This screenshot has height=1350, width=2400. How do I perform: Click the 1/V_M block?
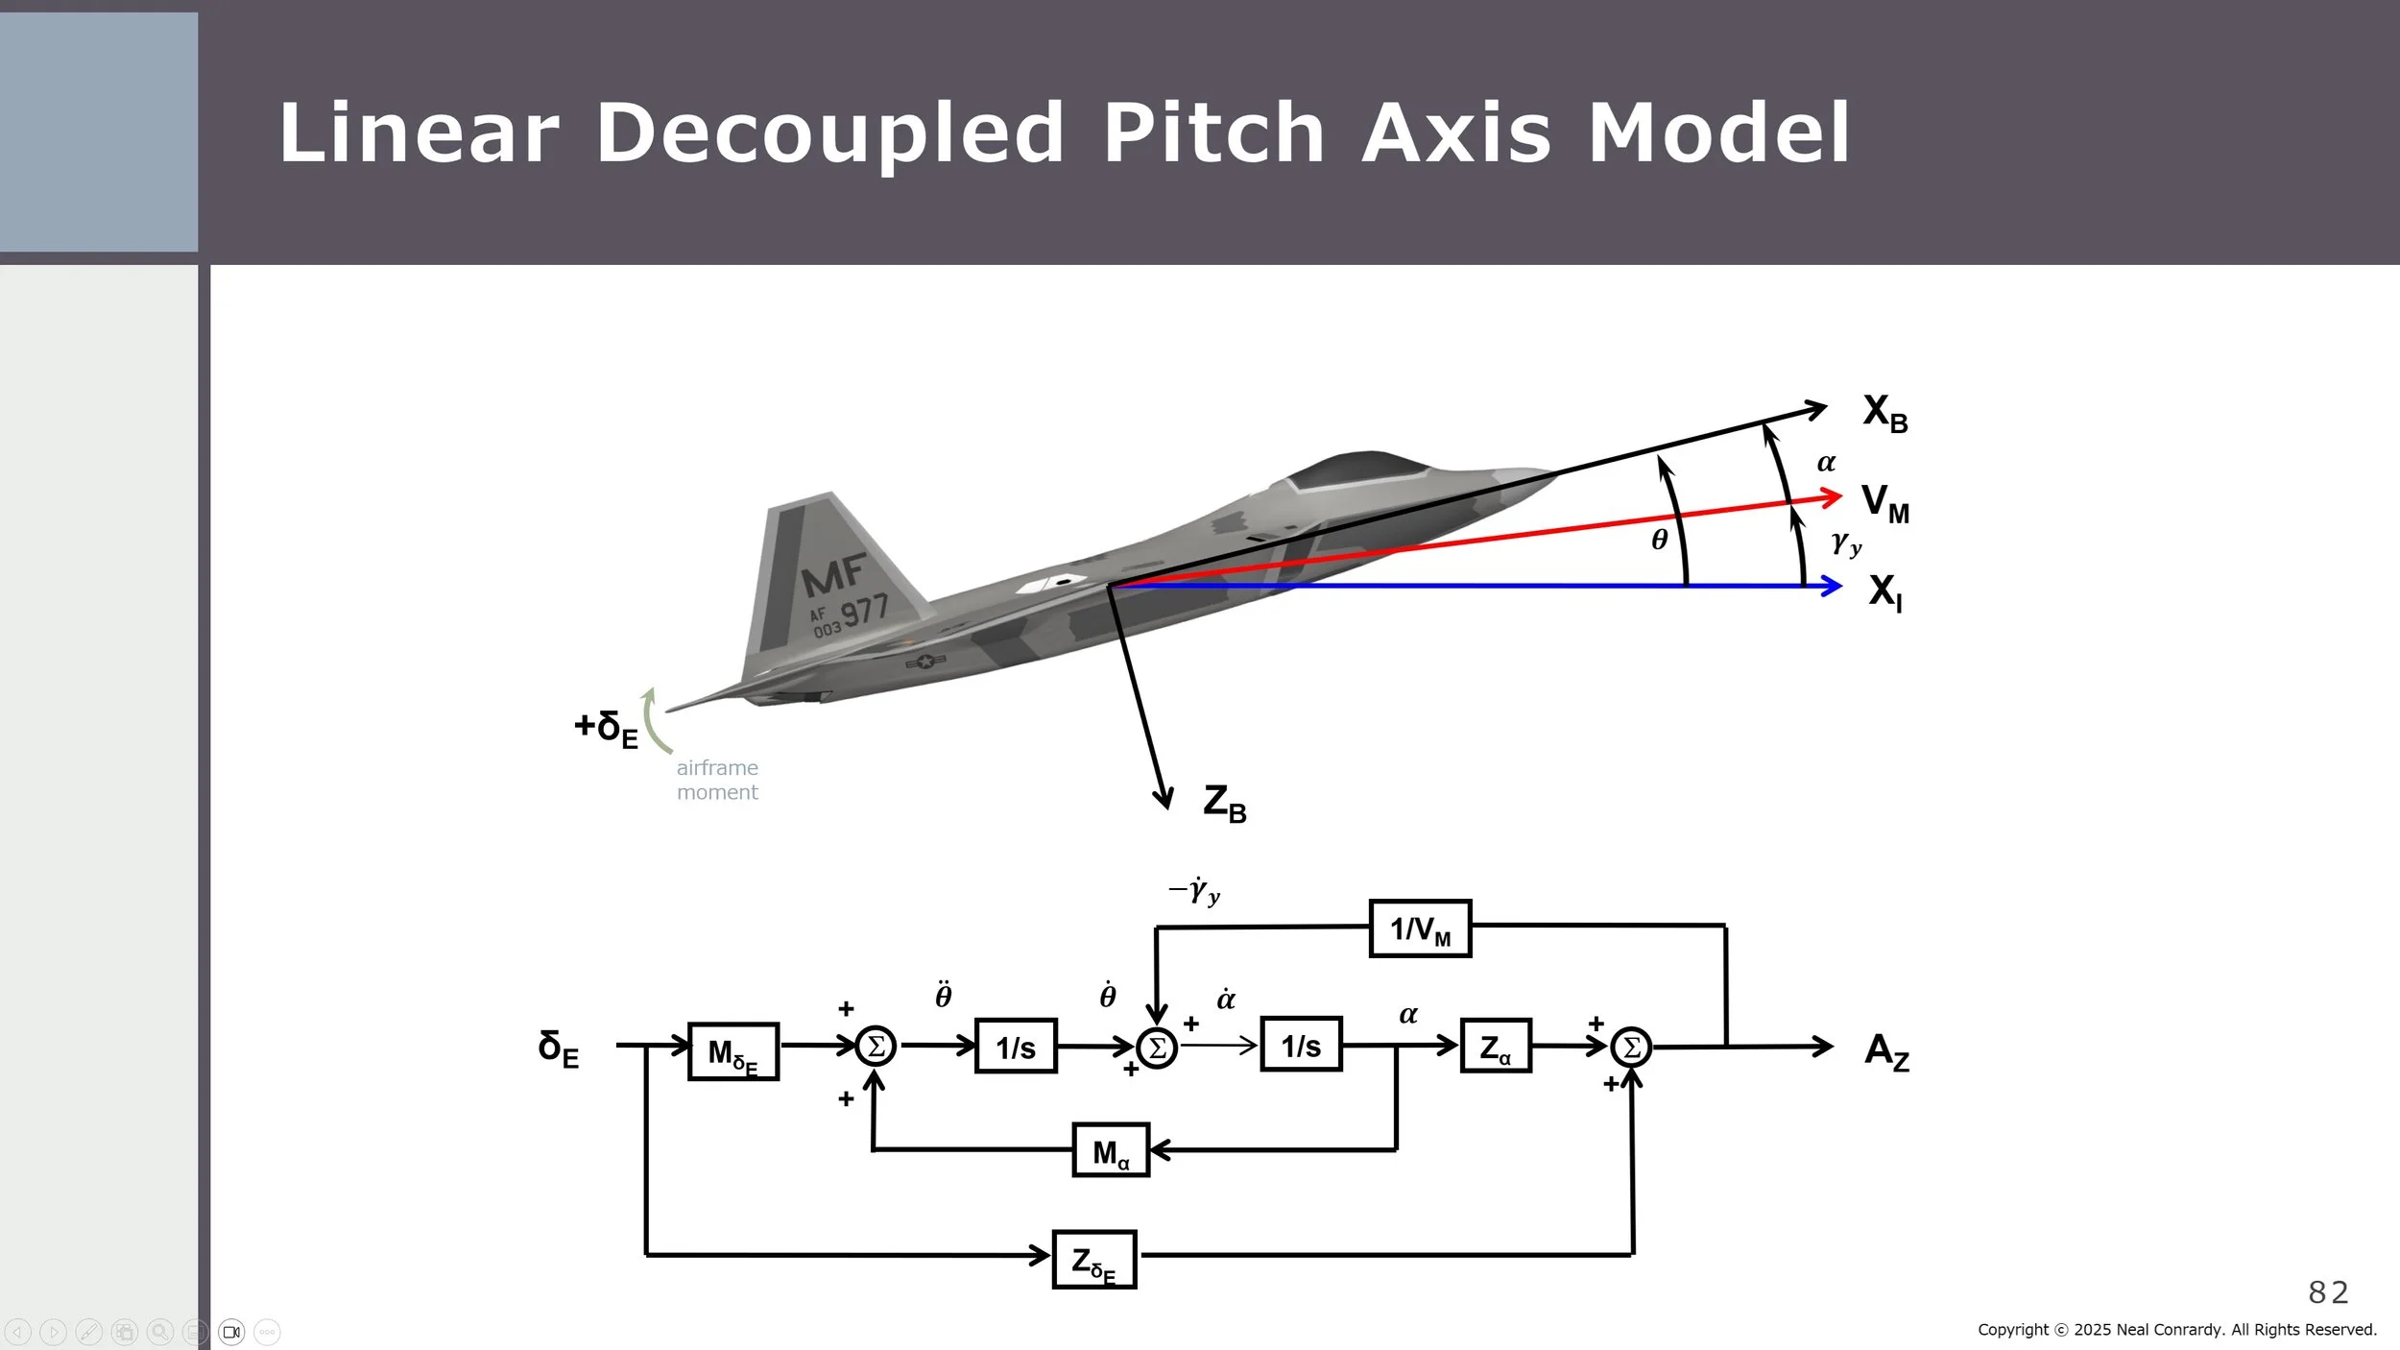pos(1420,928)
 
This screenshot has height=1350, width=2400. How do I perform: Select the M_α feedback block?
pos(1111,1150)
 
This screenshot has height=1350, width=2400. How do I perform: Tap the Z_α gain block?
pos(1495,1047)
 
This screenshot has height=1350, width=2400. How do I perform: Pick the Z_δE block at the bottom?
pos(1093,1260)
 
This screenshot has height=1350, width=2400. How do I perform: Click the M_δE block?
pos(733,1051)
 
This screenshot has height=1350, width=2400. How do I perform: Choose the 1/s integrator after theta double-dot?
pos(1016,1047)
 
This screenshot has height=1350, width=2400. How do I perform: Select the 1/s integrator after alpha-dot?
pos(1301,1045)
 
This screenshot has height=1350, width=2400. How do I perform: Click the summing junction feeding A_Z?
pos(1631,1047)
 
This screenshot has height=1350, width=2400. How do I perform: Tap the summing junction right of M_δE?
pos(876,1046)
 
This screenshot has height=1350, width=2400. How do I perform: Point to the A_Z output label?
pos(1886,1050)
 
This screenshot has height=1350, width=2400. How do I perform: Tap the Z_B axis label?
pos(1224,803)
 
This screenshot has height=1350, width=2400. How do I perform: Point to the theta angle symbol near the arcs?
pos(1660,540)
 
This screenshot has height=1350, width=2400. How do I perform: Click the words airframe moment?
pos(717,780)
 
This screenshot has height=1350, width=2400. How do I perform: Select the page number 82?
pos(2328,1292)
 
